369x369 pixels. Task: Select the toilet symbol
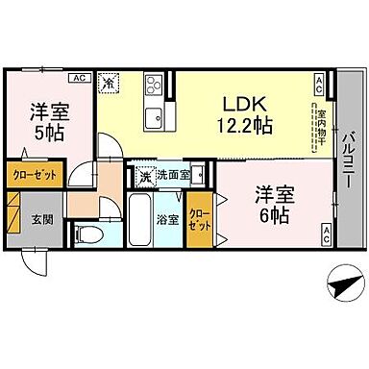(x=90, y=234)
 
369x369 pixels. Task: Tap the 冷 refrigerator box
(x=111, y=84)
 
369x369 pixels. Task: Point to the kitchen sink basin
(x=154, y=119)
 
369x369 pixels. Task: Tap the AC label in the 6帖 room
(x=327, y=232)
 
